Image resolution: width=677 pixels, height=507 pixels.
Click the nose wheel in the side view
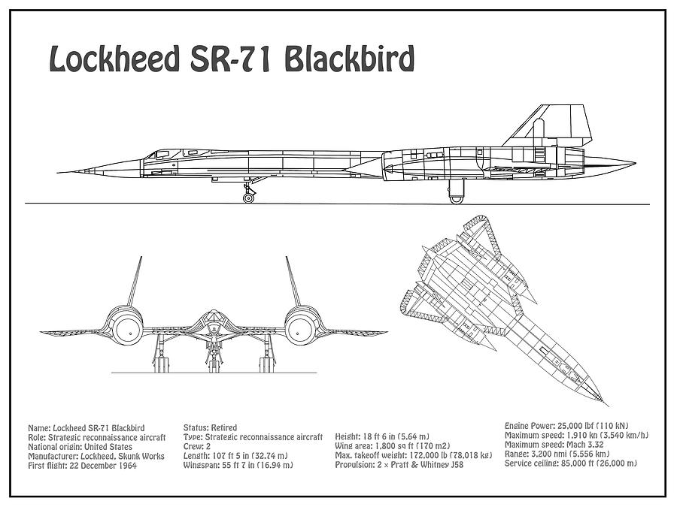click(x=248, y=197)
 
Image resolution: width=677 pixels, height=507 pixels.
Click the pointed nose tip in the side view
click(x=60, y=170)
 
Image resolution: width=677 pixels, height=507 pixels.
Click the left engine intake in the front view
click(x=129, y=328)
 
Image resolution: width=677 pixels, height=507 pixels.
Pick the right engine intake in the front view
click(x=299, y=328)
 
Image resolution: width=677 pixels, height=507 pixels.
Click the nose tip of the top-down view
click(x=606, y=402)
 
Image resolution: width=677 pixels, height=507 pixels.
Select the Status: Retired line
click(x=208, y=427)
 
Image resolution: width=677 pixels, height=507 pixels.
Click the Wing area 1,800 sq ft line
click(x=388, y=446)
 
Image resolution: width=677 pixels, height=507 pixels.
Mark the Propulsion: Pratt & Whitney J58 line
click(x=400, y=466)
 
